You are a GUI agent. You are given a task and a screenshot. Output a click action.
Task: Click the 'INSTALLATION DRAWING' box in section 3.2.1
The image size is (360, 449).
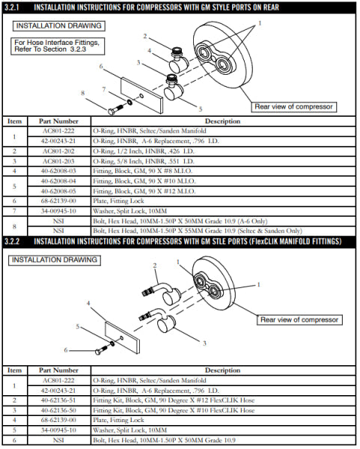[58, 25]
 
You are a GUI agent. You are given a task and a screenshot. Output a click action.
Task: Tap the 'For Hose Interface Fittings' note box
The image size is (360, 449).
[58, 46]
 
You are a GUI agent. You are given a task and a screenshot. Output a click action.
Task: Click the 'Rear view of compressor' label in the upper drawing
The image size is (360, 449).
[293, 107]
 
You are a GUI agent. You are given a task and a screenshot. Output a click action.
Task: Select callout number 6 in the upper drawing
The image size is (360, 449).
[101, 66]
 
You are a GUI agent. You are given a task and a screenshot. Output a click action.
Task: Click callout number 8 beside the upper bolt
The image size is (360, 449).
[83, 93]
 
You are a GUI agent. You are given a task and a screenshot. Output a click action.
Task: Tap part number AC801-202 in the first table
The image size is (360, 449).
[58, 151]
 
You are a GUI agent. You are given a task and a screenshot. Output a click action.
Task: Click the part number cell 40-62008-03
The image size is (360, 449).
[58, 171]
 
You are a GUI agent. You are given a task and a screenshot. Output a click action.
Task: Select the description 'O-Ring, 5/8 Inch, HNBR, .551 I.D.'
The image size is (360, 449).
[144, 161]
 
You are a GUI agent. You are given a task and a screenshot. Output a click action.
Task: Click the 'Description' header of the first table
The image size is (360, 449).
[222, 121]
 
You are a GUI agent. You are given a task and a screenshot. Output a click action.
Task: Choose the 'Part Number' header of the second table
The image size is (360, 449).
[58, 370]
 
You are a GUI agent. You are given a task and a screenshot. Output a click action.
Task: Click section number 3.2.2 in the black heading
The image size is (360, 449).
[12, 242]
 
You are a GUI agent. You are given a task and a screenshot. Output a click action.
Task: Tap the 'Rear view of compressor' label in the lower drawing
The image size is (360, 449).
[299, 320]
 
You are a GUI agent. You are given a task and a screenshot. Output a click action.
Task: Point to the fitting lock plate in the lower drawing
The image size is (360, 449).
[123, 337]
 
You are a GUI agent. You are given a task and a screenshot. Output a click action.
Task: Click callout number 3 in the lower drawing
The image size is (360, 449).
[204, 343]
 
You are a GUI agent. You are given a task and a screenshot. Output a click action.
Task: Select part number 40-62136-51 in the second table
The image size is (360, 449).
[58, 400]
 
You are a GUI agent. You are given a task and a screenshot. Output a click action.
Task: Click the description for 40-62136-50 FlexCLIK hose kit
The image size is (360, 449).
[174, 410]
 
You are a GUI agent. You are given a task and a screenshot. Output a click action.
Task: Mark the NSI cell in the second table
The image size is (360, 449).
[58, 440]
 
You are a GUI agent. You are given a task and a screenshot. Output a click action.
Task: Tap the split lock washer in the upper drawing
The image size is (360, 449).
[129, 102]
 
